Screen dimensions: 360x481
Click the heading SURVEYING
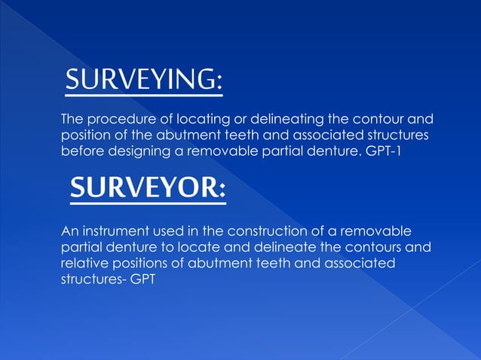(x=142, y=80)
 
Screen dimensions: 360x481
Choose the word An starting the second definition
(x=69, y=230)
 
